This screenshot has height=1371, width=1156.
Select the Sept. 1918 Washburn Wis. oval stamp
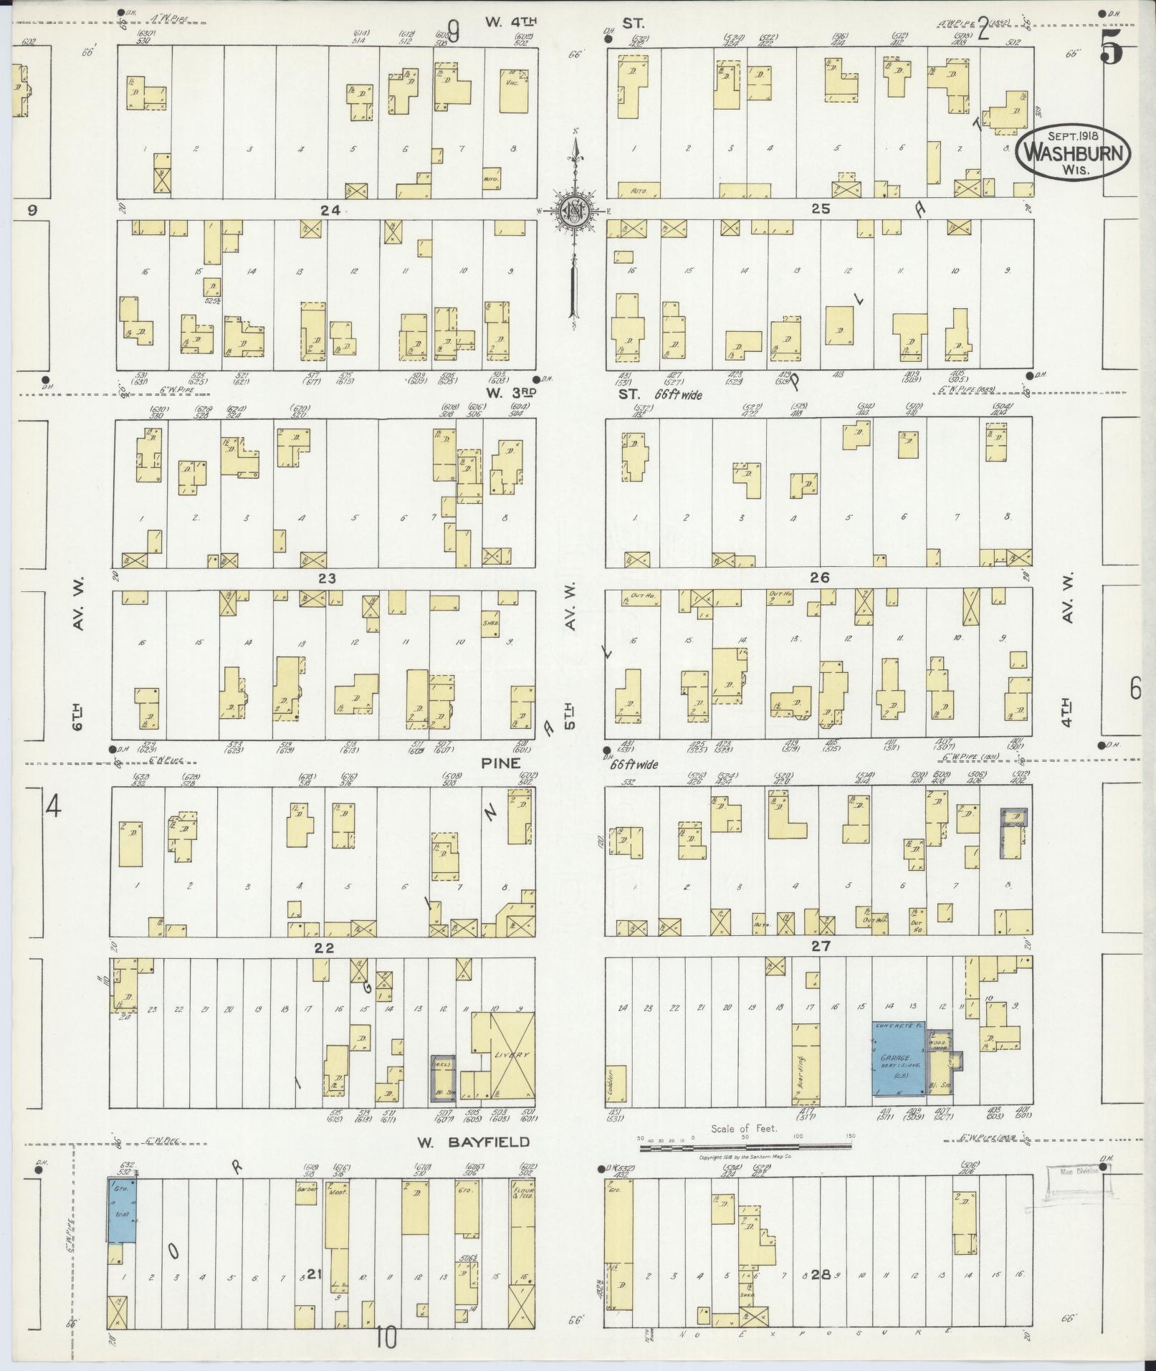pyautogui.click(x=1072, y=151)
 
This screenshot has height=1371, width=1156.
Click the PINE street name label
pyautogui.click(x=500, y=764)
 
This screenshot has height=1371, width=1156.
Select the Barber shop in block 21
pyautogui.click(x=307, y=1190)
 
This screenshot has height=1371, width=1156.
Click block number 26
pyautogui.click(x=820, y=577)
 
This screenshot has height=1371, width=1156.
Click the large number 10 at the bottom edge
pyautogui.click(x=386, y=1337)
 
